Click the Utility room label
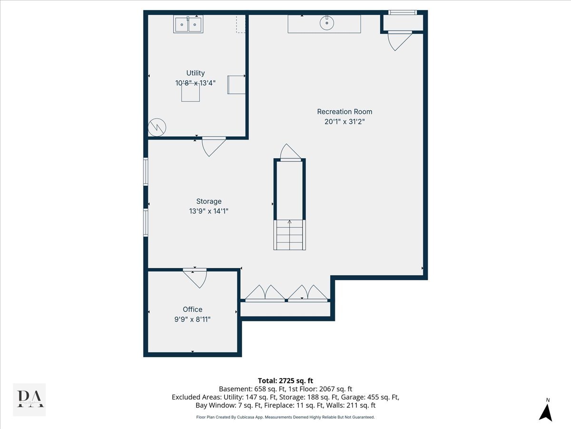196,73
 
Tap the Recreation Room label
345,112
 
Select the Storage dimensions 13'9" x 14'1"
208,211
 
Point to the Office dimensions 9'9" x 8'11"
192,319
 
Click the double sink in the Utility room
188,24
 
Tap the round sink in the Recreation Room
327,23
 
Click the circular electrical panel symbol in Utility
157,127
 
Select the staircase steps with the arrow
289,235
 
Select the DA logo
30,399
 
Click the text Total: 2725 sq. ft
285,381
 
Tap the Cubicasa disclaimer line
285,417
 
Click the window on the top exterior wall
403,12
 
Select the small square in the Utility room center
190,92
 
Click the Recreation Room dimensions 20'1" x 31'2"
345,122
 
